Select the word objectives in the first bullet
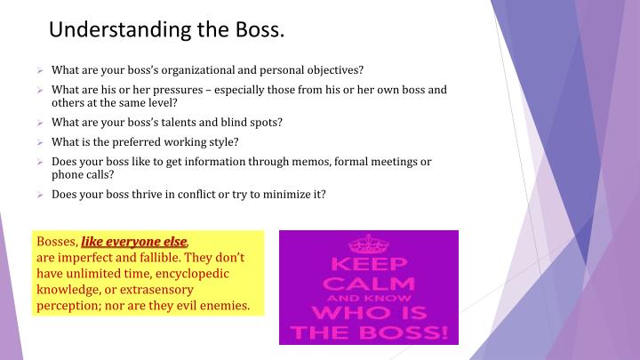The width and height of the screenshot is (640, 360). click(332, 69)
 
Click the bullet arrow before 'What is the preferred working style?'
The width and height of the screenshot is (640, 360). click(40, 142)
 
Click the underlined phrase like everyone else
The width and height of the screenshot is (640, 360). click(134, 242)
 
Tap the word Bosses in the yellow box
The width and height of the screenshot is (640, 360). click(56, 242)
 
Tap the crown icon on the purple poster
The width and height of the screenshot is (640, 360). click(368, 244)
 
